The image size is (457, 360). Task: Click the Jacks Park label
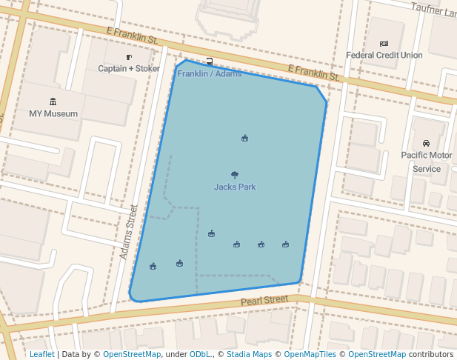[235, 187]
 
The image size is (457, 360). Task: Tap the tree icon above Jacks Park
[235, 175]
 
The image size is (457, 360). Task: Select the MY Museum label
[53, 113]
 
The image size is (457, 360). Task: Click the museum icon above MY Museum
[53, 101]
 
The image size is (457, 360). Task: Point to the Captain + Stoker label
[129, 68]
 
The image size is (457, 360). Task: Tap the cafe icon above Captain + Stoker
[129, 57]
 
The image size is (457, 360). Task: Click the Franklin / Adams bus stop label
[210, 74]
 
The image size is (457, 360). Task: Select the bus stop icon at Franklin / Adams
[210, 61]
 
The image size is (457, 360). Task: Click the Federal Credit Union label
[384, 55]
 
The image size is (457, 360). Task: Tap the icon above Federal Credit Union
[384, 44]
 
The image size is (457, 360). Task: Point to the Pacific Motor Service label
[427, 161]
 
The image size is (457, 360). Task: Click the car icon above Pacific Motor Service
[426, 143]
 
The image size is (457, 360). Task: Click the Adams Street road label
[129, 232]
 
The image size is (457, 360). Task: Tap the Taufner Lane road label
[435, 8]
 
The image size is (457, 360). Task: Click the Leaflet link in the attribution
[41, 354]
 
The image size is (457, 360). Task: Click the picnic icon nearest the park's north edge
[244, 138]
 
